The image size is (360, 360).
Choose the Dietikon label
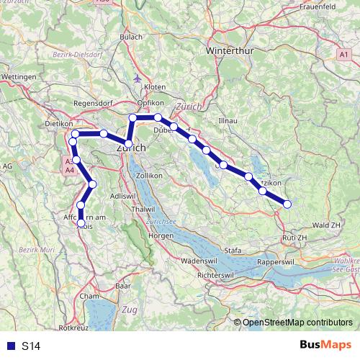pos(60,124)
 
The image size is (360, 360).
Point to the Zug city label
pos(130,310)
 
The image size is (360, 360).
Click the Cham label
pos(90,296)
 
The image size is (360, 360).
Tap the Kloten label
pos(154,86)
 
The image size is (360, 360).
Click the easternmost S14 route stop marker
pos(287,204)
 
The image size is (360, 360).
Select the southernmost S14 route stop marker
pos(81,223)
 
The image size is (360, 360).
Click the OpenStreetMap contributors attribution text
pos(297,323)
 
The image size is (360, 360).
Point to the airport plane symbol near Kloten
pos(139,78)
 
